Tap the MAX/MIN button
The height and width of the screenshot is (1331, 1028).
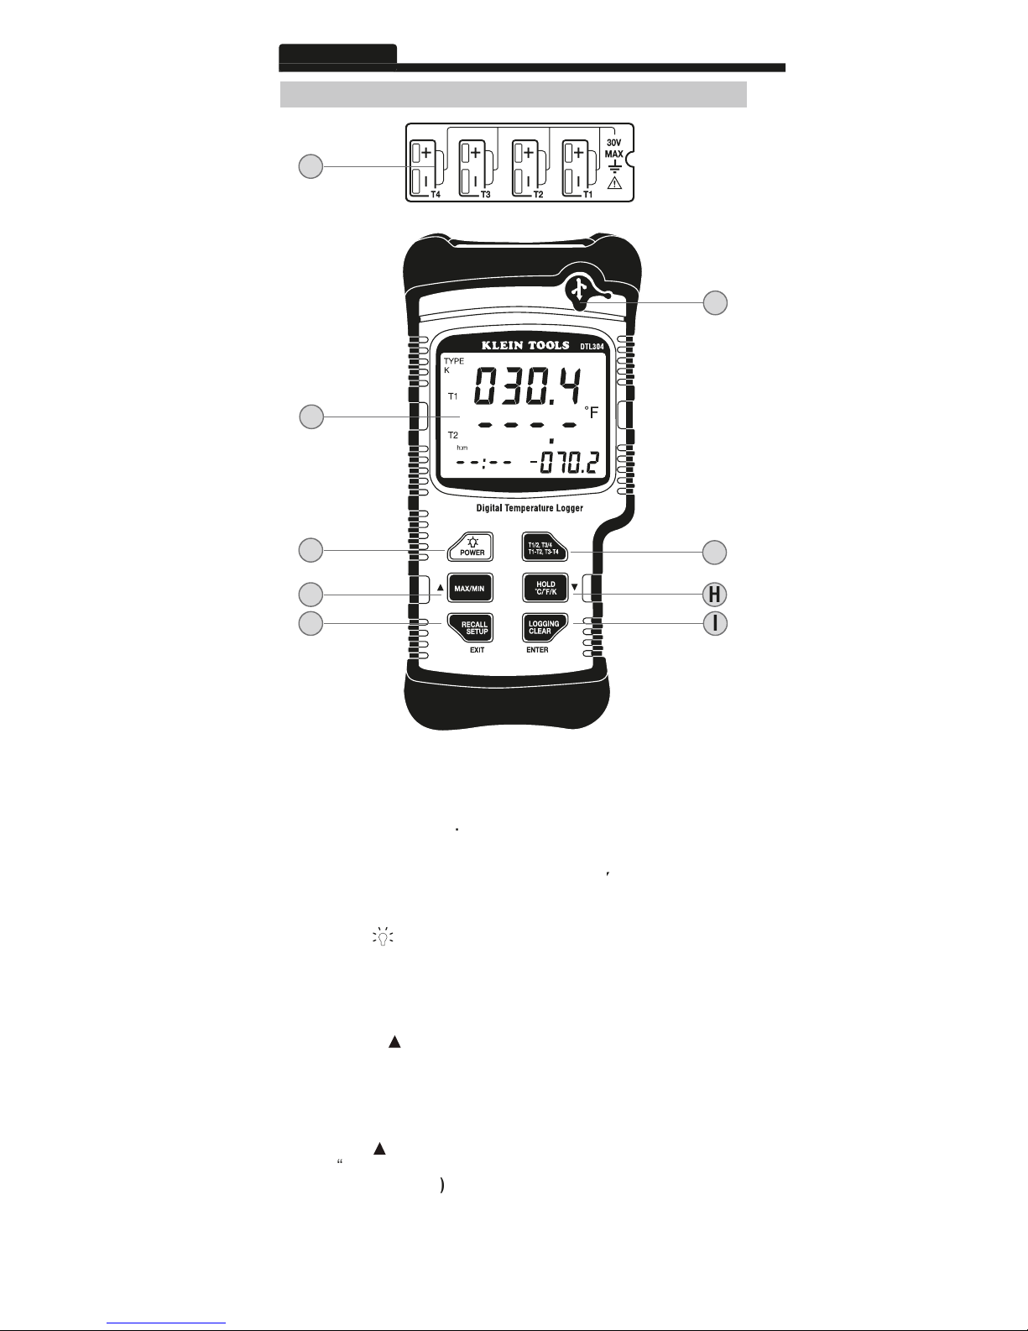(470, 589)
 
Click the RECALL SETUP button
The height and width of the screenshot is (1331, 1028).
(471, 628)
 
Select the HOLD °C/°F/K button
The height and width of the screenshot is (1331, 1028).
(545, 589)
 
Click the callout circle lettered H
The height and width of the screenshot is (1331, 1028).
(715, 595)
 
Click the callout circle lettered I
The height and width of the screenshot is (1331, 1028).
(715, 624)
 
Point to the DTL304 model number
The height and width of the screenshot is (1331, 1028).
(592, 346)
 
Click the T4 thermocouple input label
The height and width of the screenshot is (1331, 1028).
(434, 193)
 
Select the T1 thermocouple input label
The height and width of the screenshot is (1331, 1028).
(588, 193)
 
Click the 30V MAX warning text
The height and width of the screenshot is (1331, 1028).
(614, 148)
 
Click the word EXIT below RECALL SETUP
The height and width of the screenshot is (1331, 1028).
(477, 650)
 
